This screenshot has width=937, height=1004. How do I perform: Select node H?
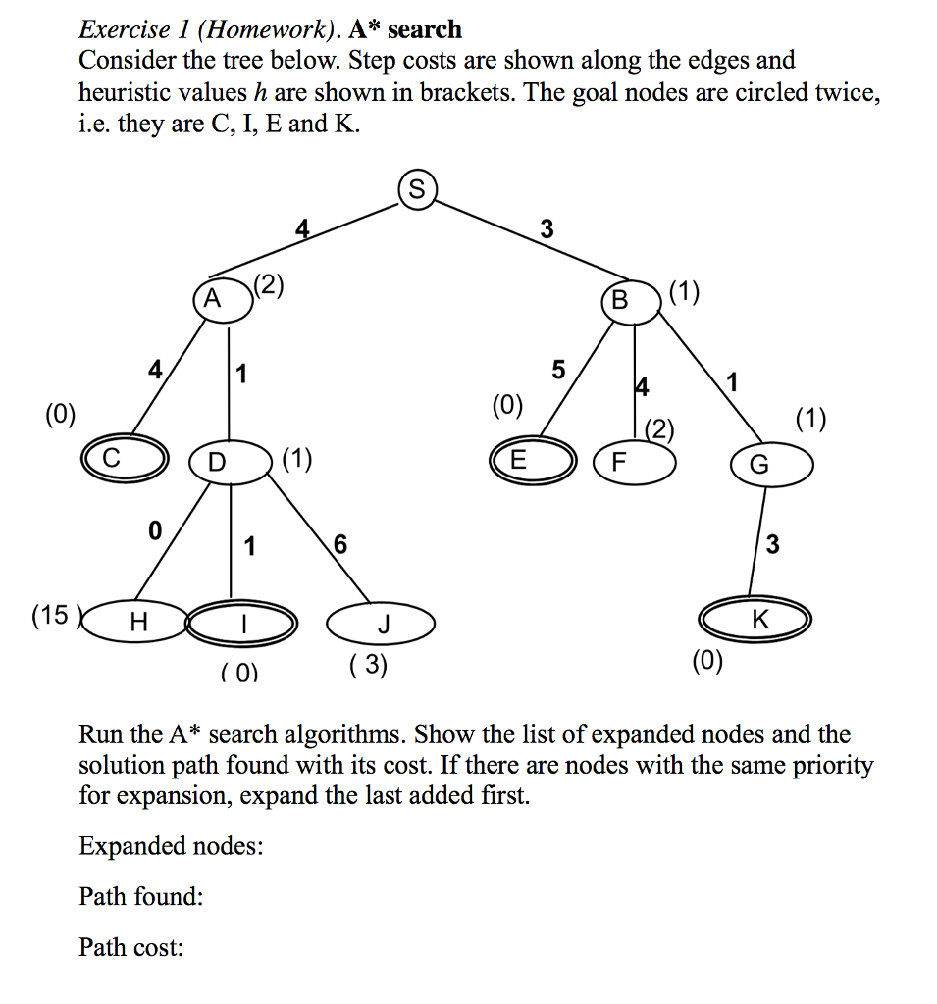tap(138, 621)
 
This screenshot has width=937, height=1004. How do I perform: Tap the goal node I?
tap(241, 622)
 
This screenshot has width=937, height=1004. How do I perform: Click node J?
tap(382, 623)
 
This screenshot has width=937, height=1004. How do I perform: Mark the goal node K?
tap(755, 620)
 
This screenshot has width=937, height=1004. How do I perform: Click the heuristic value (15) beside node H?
tap(51, 616)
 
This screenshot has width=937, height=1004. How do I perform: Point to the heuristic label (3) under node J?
tap(368, 666)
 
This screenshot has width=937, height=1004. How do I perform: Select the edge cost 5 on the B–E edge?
tap(558, 370)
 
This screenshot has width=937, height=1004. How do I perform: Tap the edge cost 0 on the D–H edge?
tap(153, 530)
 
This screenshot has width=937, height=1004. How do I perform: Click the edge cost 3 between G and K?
tap(773, 544)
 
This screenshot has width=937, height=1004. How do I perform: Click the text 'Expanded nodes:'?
tap(171, 845)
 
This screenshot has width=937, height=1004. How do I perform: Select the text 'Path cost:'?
tap(131, 947)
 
